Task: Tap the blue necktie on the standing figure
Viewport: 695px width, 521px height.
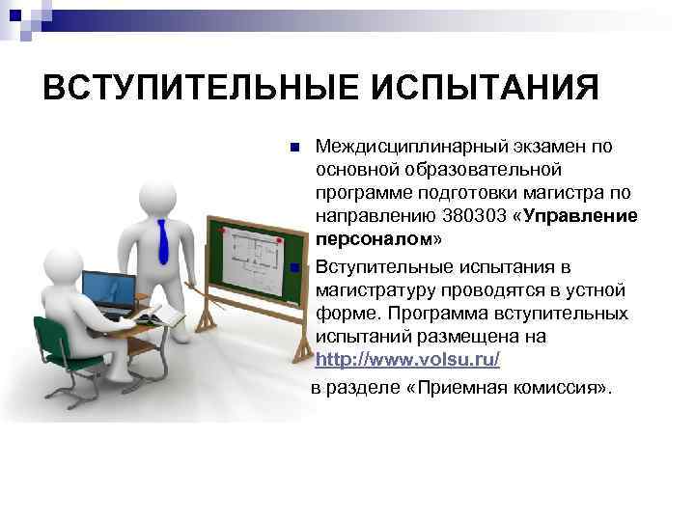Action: (163, 240)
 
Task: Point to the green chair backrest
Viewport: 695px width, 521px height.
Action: (56, 338)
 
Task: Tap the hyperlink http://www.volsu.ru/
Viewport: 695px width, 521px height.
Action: (407, 360)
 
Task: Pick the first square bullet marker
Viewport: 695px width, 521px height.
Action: (294, 149)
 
